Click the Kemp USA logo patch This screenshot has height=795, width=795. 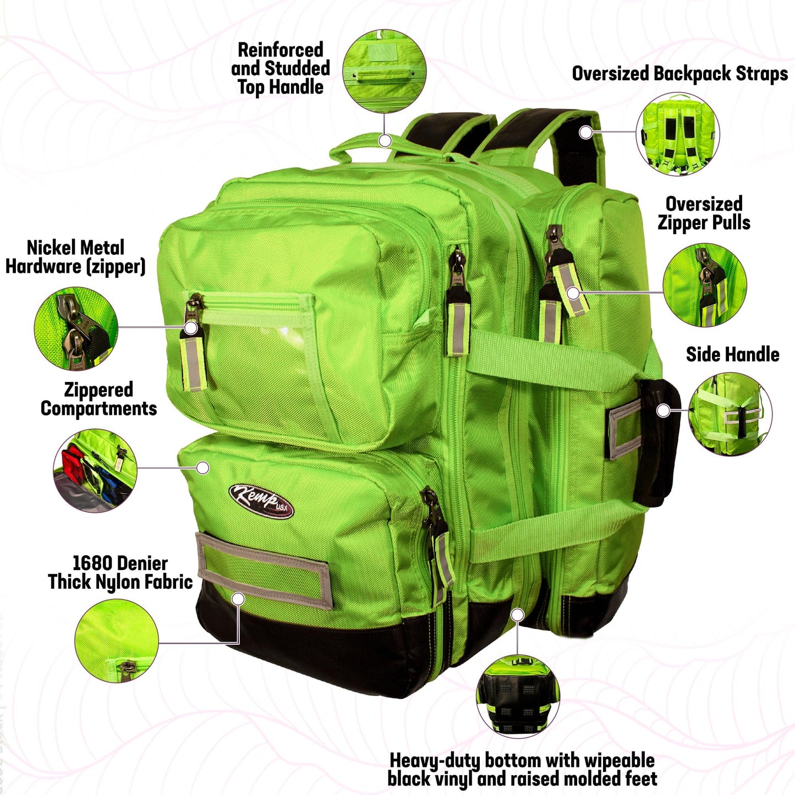(261, 501)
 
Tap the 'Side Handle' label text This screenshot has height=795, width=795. (732, 354)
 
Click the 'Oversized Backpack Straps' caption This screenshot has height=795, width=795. (680, 74)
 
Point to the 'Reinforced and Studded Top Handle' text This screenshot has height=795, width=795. (281, 68)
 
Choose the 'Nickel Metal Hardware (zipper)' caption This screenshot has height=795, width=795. (75, 257)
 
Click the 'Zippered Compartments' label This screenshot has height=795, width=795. (98, 399)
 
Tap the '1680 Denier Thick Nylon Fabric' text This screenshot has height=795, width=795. (120, 573)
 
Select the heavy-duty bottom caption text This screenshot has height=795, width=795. (522, 758)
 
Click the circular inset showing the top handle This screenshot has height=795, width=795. (385, 71)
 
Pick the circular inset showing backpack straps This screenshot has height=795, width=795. (677, 134)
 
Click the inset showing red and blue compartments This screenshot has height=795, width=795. (95, 470)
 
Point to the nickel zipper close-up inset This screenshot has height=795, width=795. (76, 327)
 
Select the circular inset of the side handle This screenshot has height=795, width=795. (730, 414)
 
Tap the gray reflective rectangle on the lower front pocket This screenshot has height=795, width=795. (264, 571)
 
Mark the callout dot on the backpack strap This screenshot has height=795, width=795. (585, 133)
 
